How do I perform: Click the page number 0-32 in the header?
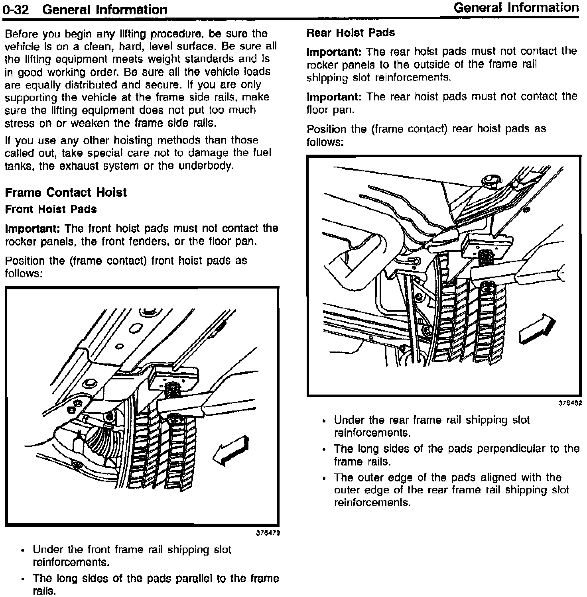coord(16,10)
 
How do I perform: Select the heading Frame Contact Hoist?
coord(65,193)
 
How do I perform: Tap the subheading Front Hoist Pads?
coord(51,209)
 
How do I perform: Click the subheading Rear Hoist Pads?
coord(351,33)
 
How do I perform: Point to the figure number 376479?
coord(268,532)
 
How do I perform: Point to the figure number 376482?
coord(570,403)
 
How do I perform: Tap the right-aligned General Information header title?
coord(516,8)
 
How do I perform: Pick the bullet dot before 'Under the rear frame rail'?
coord(325,421)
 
